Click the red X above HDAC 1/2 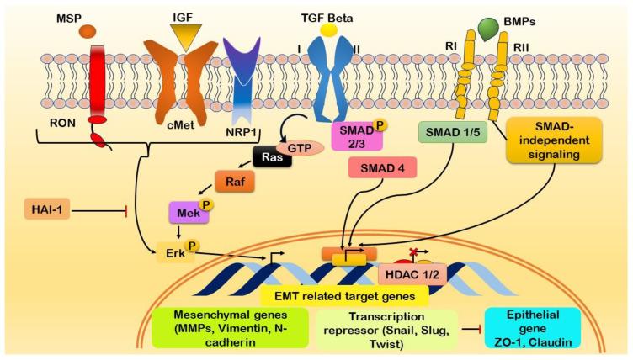(412, 252)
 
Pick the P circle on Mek (204, 205)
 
